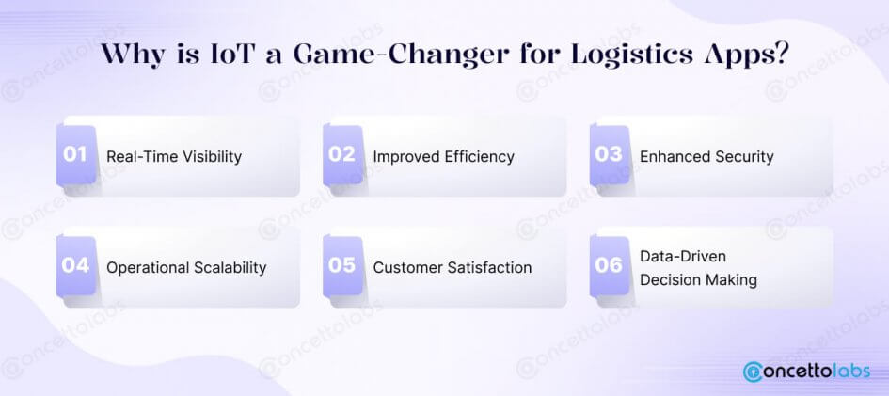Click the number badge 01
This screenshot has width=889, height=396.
click(76, 155)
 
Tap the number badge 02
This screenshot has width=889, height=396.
click(342, 155)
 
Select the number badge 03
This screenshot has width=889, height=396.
click(610, 155)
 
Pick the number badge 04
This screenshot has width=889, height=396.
click(76, 266)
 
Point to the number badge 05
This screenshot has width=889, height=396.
click(342, 266)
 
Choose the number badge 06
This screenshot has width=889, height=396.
click(610, 266)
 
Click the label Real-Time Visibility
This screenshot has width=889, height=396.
click(174, 157)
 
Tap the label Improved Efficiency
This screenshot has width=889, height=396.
click(443, 157)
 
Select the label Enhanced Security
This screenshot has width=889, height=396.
click(706, 157)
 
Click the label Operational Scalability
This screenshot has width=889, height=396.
click(186, 268)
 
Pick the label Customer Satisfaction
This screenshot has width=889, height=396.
click(452, 267)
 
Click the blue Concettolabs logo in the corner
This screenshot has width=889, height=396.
click(807, 371)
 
